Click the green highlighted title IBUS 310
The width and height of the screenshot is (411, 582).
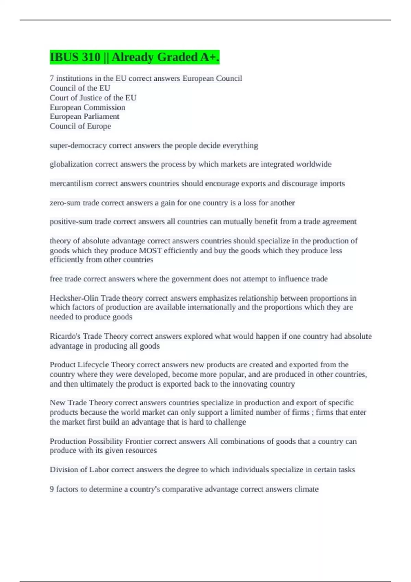pos(134,57)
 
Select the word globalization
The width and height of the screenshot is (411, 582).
pos(71,164)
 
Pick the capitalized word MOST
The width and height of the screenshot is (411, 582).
pos(150,251)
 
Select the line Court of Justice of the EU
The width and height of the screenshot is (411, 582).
pos(93,98)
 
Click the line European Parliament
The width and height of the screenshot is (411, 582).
pos(84,117)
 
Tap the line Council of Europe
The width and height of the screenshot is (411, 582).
pos(80,126)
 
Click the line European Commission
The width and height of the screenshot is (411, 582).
pos(87,107)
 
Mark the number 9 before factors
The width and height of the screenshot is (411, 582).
pos(52,489)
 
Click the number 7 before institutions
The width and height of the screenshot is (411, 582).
pos(52,79)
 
